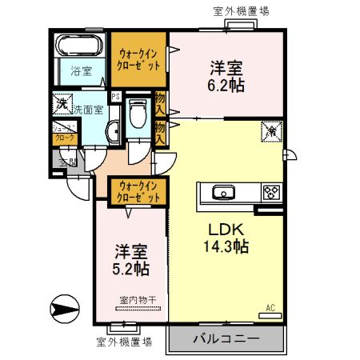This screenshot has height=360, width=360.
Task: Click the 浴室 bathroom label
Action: coord(82,70)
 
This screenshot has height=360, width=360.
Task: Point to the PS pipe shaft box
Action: coord(117,99)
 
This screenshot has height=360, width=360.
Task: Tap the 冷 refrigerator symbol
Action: coord(270,130)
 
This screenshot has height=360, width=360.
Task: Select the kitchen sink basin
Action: coord(222,192)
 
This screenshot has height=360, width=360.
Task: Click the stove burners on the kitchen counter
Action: coord(272,192)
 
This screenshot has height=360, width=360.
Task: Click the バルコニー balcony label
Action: coord(226,339)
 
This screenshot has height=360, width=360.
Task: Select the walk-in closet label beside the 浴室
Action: coord(138,58)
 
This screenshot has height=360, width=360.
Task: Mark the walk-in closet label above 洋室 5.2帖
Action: coord(138,190)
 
